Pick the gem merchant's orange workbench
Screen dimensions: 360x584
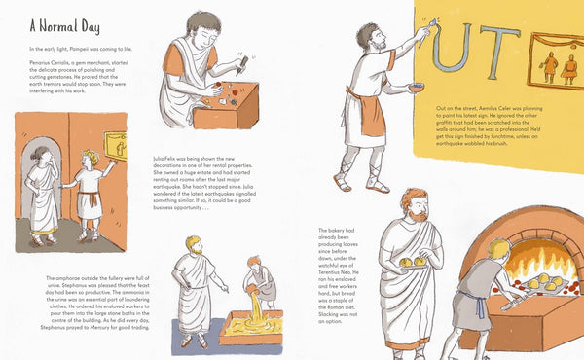click(x=226, y=107)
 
